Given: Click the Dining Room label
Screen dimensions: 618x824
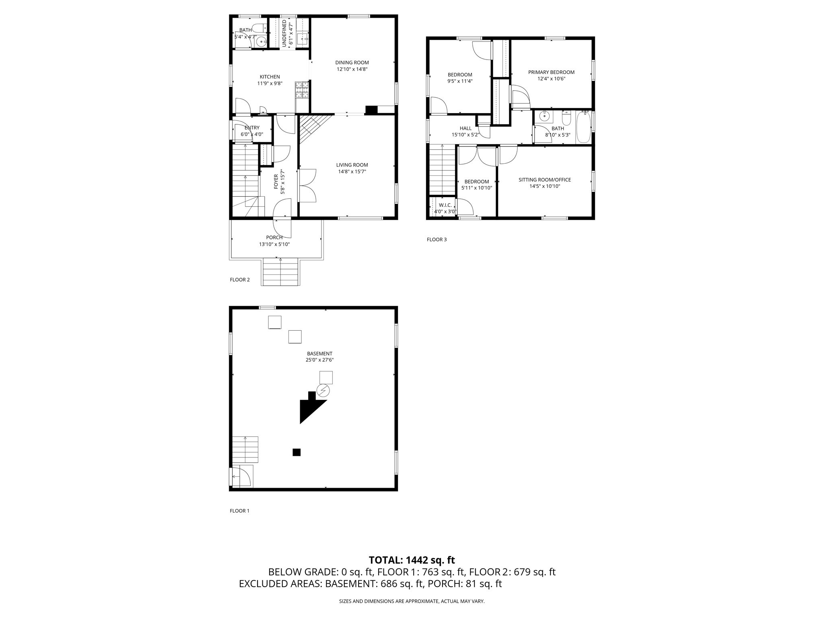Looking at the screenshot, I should click(x=352, y=63).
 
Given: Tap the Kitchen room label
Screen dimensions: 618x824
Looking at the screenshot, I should click(x=270, y=77).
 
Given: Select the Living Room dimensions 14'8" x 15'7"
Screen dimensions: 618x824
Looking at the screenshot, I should click(x=352, y=172).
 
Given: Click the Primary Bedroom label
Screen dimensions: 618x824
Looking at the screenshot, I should click(x=551, y=72).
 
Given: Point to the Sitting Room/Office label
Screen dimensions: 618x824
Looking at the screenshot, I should click(x=545, y=180).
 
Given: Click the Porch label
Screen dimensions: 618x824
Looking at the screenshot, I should click(x=274, y=237).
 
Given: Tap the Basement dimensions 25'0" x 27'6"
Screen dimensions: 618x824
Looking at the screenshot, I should click(x=319, y=360).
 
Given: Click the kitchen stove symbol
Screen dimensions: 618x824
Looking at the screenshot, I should click(x=302, y=90).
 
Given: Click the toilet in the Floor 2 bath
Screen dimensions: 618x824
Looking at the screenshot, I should click(x=260, y=28).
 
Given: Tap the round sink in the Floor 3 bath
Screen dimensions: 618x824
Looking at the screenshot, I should click(x=545, y=117).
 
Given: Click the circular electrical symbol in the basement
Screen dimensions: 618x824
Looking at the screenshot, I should click(x=323, y=390).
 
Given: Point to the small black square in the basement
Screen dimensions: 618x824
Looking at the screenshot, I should click(x=297, y=452).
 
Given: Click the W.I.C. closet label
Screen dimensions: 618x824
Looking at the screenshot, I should click(x=445, y=205).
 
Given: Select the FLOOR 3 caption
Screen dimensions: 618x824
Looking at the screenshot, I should click(x=437, y=240).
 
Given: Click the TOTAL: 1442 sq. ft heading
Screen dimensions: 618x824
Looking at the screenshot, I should click(x=412, y=560).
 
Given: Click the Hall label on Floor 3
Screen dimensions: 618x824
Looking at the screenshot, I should click(x=466, y=128).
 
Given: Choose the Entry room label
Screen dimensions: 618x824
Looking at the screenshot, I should click(x=252, y=128).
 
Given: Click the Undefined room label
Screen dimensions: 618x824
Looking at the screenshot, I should click(x=284, y=33).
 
